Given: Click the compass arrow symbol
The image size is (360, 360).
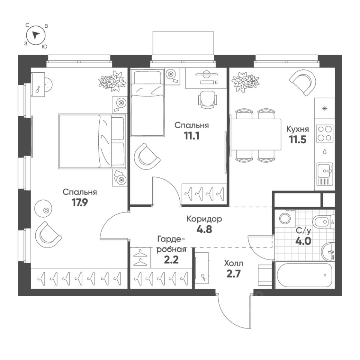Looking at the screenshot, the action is coord(36,35).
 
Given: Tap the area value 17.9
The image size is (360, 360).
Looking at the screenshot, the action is coord(79,203).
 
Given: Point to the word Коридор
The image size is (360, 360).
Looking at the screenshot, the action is coord(204,219).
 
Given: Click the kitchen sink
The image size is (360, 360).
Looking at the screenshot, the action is coord(324,172).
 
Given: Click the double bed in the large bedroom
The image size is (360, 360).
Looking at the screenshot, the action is coord(91,141).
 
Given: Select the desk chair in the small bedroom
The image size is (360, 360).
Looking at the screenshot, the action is coord(207,99).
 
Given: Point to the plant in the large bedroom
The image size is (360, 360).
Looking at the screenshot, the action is coord(112,80).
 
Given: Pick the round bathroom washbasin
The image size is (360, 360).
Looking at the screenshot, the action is coord(328,250).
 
